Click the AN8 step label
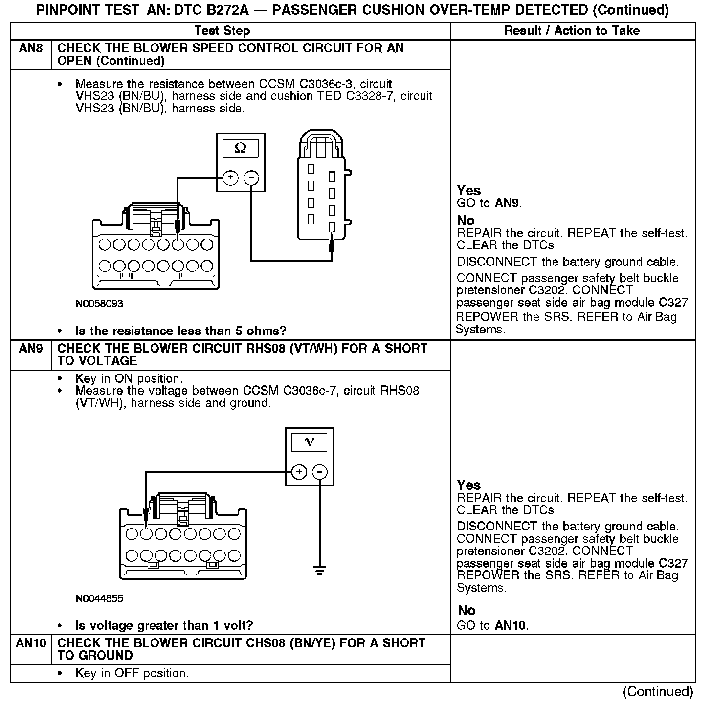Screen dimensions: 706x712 pyautogui.click(x=31, y=48)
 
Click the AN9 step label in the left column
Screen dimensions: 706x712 pyautogui.click(x=31, y=349)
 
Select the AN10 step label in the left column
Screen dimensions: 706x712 pyautogui.click(x=31, y=643)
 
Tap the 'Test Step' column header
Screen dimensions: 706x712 pyautogui.click(x=222, y=31)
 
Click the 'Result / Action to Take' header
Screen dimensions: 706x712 pyautogui.click(x=572, y=31)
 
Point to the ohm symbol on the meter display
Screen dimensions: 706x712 pyautogui.click(x=241, y=148)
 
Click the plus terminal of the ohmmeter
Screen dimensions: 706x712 pyautogui.click(x=230, y=178)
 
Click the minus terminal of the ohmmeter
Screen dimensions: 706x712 pyautogui.click(x=251, y=178)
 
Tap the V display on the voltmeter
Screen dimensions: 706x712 pyautogui.click(x=309, y=442)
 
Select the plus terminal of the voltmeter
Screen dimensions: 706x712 pyautogui.click(x=299, y=472)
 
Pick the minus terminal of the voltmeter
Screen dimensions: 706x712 pyautogui.click(x=320, y=472)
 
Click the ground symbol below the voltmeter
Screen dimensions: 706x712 pyautogui.click(x=320, y=570)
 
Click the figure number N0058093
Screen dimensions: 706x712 pyautogui.click(x=99, y=304)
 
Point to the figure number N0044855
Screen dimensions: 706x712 pyautogui.click(x=99, y=598)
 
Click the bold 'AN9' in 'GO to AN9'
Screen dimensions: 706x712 pyautogui.click(x=508, y=203)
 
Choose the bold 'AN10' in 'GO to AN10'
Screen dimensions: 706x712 pyautogui.click(x=511, y=625)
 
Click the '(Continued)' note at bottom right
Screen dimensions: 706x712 pyautogui.click(x=658, y=692)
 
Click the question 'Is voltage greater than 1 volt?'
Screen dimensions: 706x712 pyautogui.click(x=164, y=625)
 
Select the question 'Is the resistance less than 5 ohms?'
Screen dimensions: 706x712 pyautogui.click(x=180, y=331)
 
